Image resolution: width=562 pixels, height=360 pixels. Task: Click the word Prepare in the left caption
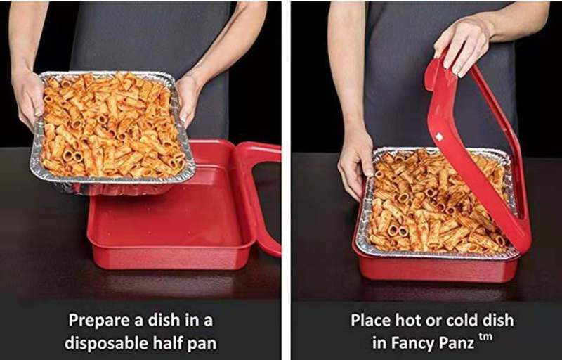(99, 321)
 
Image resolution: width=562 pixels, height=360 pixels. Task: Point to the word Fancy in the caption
(414, 343)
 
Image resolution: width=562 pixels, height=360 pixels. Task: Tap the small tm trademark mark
(485, 337)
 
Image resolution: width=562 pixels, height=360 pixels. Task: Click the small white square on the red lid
(438, 136)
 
